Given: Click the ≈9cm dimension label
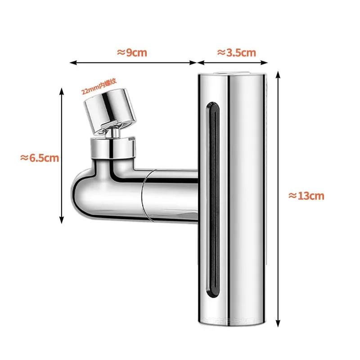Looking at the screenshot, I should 132,52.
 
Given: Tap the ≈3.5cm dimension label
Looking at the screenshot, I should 237,52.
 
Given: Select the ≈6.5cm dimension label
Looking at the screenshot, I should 40,158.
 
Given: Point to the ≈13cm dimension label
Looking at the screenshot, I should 306,196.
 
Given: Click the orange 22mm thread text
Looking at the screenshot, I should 99,85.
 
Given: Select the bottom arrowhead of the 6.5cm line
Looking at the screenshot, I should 62,221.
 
